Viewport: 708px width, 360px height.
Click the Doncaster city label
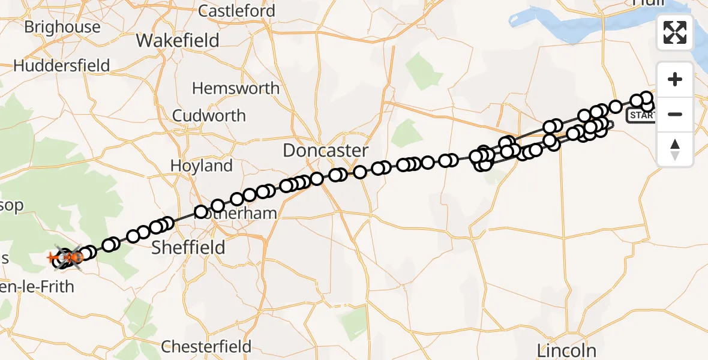coord(325,150)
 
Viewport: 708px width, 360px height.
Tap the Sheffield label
coord(188,247)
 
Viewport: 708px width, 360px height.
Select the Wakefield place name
coord(178,40)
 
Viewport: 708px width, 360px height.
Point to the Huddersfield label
coord(61,65)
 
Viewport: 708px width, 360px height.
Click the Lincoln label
coord(567,350)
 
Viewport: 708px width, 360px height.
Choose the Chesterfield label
coord(206,346)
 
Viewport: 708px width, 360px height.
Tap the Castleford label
coord(236,11)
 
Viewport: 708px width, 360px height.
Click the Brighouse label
coord(62,27)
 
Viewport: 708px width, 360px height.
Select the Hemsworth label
coord(235,88)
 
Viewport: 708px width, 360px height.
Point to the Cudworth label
coord(209,115)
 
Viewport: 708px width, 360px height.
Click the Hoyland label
coord(202,166)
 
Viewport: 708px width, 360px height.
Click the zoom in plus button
coord(675,80)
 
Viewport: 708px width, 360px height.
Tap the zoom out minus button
coord(675,114)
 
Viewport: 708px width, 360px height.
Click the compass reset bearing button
coord(675,149)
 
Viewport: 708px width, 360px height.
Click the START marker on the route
coord(641,115)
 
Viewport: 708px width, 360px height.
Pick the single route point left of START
coord(616,107)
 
